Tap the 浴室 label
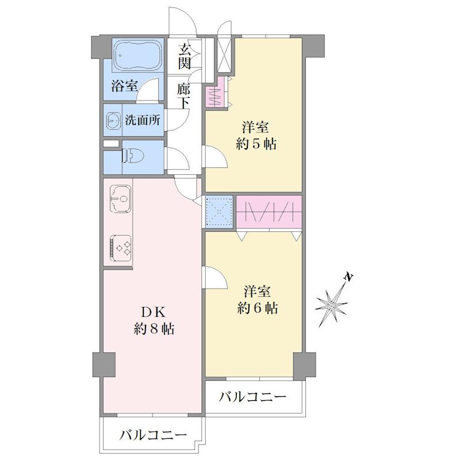[124, 86]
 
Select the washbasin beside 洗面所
[113, 120]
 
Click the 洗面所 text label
[143, 120]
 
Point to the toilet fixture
[132, 156]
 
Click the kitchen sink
[120, 198]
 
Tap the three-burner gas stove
[120, 248]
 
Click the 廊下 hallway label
[184, 97]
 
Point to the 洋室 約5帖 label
[256, 136]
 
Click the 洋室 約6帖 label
[257, 300]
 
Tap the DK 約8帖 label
[154, 320]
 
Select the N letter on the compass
[349, 277]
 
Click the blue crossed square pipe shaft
[219, 212]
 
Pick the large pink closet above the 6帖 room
[269, 212]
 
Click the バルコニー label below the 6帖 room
[252, 397]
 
